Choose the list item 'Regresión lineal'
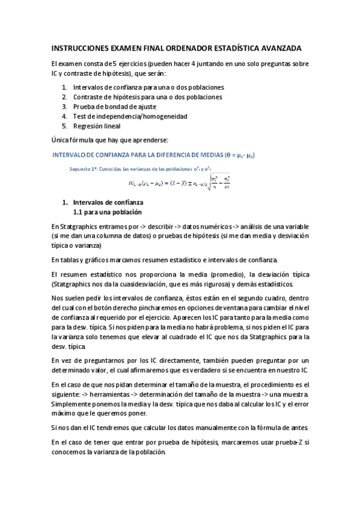97,126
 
